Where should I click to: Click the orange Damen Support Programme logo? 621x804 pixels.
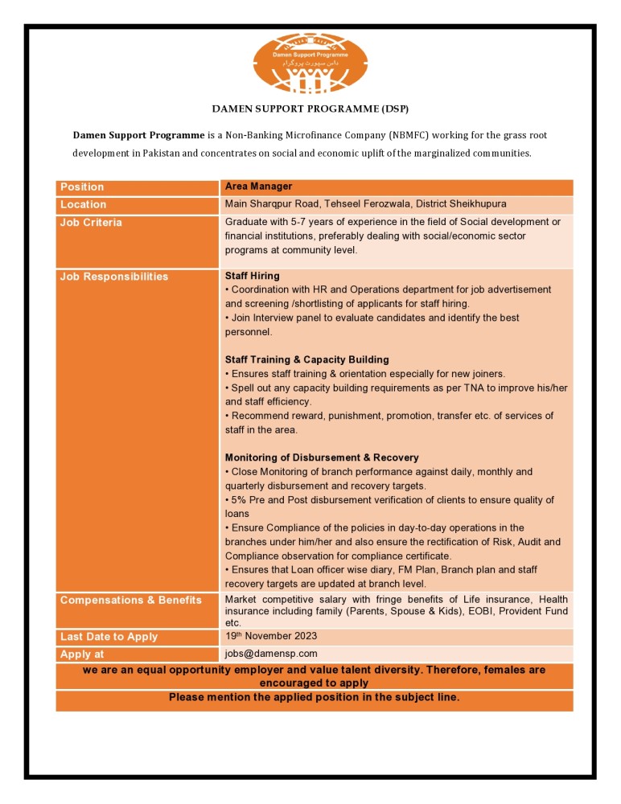310,63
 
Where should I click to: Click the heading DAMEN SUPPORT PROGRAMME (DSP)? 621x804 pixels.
310,108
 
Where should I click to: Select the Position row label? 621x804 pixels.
82,187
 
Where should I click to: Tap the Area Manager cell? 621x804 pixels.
253,187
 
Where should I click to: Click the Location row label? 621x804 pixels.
83,205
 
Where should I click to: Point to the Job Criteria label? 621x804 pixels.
91,223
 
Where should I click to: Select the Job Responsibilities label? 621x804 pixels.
114,277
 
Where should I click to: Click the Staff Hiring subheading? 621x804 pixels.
253,276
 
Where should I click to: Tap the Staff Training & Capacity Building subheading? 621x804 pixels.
306,359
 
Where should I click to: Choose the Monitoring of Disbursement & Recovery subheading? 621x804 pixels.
322,457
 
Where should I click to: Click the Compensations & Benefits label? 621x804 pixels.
131,601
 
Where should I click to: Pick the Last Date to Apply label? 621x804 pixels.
109,637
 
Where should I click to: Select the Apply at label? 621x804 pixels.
82,654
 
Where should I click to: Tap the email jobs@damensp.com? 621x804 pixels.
271,654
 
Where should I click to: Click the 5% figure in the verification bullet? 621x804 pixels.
240,500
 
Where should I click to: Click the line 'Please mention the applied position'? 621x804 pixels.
314,697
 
